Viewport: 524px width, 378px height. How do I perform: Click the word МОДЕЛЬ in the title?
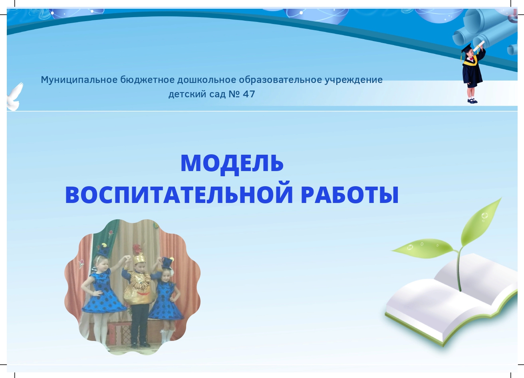click(232, 163)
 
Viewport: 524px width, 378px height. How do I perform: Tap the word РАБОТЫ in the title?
click(350, 195)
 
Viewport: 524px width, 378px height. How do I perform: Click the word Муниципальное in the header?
click(79, 80)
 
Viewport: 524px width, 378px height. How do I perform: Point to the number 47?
click(249, 94)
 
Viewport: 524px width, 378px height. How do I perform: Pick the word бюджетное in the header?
click(148, 80)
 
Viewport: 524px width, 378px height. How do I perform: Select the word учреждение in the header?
click(353, 80)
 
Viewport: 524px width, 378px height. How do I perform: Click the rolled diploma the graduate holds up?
click(478, 46)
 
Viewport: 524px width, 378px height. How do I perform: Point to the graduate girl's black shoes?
click(472, 101)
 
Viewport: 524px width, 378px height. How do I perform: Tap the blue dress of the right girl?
click(166, 301)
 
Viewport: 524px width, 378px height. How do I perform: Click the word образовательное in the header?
click(280, 80)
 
